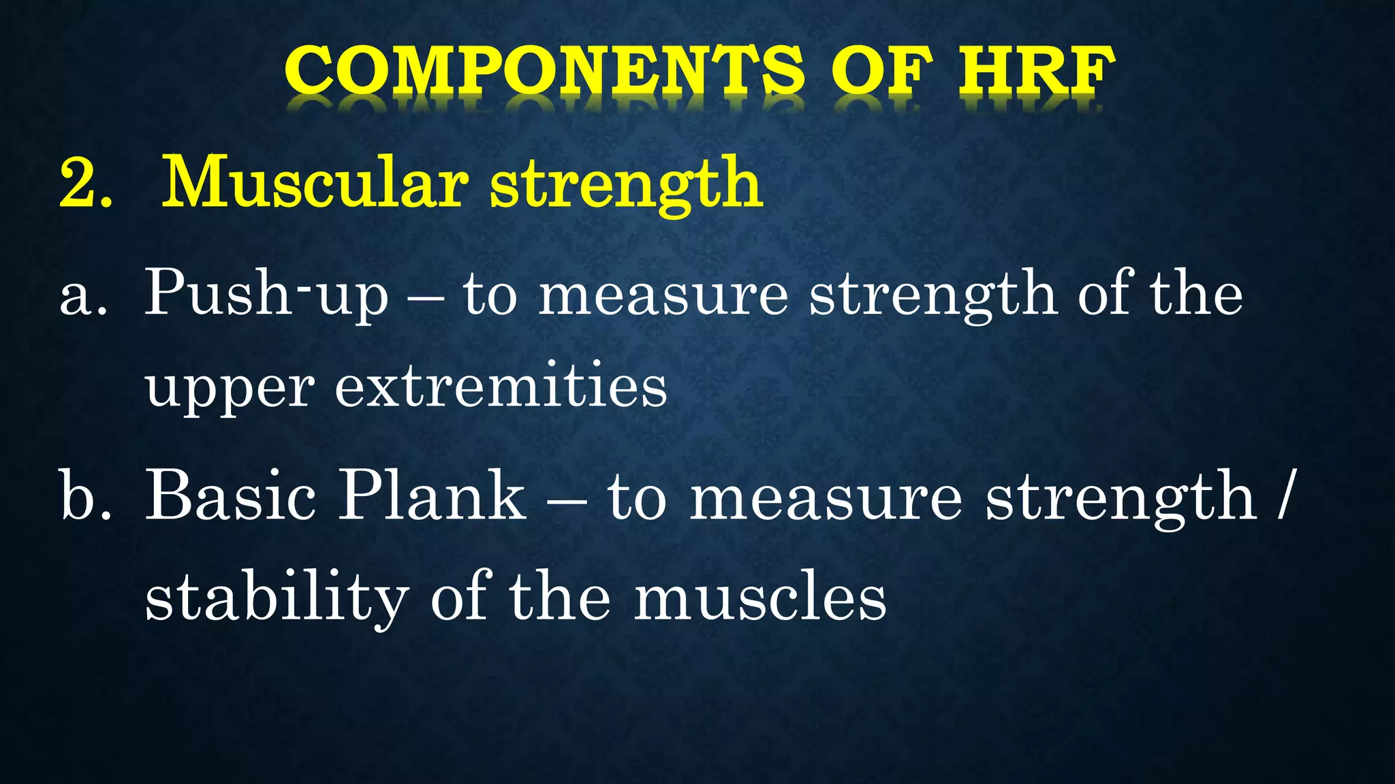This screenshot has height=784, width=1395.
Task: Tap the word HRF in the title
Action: (1035, 71)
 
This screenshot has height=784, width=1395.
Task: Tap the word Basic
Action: (231, 496)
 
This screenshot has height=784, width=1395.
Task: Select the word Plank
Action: (433, 496)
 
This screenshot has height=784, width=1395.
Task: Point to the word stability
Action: (277, 599)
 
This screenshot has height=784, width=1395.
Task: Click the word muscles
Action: (760, 599)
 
